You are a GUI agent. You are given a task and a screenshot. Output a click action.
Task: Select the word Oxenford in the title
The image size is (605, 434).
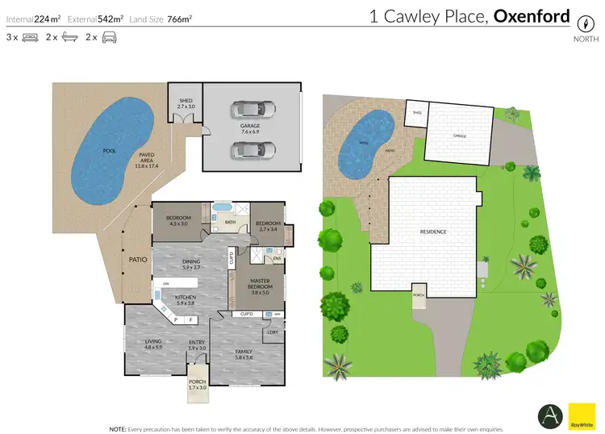532,16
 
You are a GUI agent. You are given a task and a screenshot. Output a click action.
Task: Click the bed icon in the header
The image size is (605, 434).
31,37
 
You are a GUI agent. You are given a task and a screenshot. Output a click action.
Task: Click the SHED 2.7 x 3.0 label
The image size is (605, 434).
186,103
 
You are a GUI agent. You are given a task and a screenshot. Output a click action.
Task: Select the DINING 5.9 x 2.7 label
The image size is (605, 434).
190,265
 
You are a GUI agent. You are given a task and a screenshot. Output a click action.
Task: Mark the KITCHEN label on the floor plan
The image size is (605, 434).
186,300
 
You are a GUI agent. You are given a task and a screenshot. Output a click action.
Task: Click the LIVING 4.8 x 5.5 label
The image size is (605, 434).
152,344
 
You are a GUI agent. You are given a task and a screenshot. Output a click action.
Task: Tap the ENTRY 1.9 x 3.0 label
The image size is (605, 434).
197,345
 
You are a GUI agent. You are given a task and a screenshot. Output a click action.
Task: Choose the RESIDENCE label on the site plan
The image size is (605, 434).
432,232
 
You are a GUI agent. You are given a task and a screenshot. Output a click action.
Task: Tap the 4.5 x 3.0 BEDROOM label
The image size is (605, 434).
178,221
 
